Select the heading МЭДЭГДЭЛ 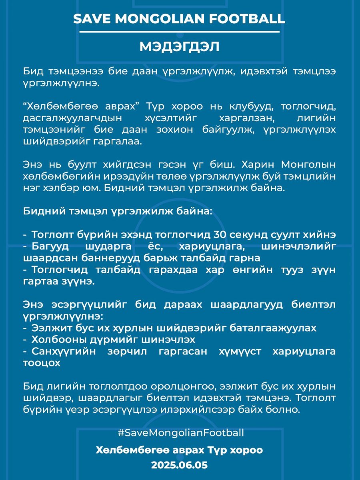(180, 46)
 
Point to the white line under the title (180, 32)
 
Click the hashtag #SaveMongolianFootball (181, 432)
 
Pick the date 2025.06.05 (180, 465)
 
